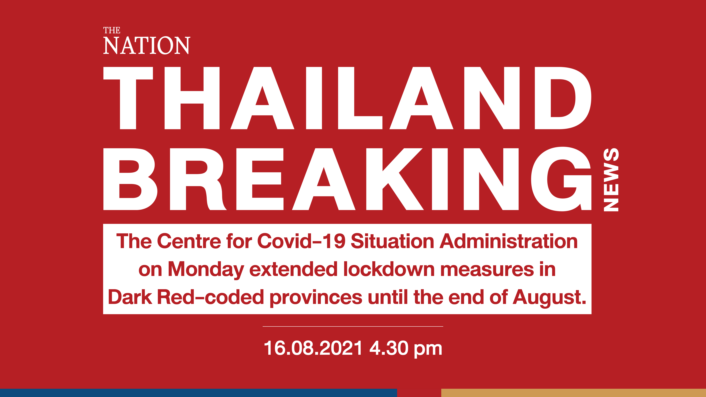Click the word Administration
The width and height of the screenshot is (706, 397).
[x=509, y=241]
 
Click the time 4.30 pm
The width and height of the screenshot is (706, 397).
[x=406, y=348]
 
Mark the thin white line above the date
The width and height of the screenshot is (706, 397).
[x=353, y=326]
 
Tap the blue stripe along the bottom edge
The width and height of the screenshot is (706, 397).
[x=198, y=393]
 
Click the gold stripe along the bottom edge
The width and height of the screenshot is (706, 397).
[x=574, y=393]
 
